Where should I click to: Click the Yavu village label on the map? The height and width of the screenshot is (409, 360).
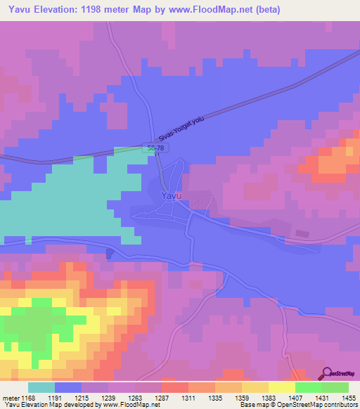pos(172,196)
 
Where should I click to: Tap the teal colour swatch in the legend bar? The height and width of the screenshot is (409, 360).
pos(41,387)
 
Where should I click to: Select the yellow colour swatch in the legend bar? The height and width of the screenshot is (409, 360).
pos(282,387)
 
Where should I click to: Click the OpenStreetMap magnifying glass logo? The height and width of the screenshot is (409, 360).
pos(328,373)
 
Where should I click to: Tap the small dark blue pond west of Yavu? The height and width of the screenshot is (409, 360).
pos(109,254)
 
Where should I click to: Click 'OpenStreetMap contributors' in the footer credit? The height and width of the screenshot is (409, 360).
pos(316,405)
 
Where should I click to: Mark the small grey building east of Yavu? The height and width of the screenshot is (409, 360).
pos(302,233)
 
